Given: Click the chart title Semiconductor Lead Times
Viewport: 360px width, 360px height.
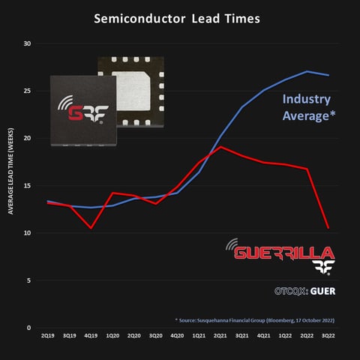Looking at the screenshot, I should pos(177,18).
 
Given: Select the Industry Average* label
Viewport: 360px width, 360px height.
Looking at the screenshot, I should pos(307,107).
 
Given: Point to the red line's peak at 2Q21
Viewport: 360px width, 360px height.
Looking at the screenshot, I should pos(220,147).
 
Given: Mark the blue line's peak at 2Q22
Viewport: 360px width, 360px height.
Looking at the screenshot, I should pos(307,72).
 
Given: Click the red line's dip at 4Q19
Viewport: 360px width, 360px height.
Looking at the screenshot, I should pos(91,228).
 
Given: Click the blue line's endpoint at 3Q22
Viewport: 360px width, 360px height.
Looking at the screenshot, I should pos(329,75).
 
